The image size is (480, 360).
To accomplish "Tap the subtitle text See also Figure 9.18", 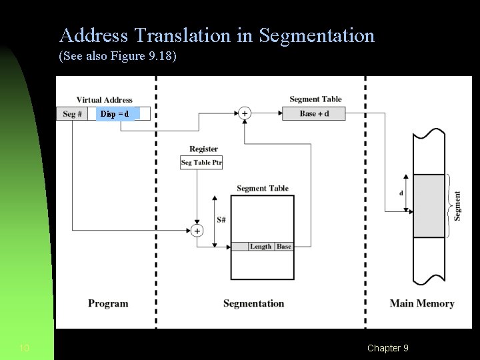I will click(118, 56).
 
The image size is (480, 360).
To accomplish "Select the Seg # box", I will click(72, 114).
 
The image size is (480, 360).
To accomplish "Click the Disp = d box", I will click(115, 114).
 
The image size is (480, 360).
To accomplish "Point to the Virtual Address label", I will click(104, 100).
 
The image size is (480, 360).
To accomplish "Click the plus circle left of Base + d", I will click(245, 113).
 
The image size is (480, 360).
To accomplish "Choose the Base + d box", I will click(314, 113).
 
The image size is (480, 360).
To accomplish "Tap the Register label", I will click(203, 149).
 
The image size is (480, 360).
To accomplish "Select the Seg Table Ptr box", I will click(201, 163).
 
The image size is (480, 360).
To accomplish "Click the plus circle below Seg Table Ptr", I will click(197, 231).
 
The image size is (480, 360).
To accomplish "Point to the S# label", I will click(221, 220).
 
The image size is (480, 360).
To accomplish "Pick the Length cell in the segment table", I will click(261, 247).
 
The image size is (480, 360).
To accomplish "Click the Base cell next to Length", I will click(284, 247).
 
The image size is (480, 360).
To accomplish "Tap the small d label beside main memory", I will click(401, 193).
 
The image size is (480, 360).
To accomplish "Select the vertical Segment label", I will click(457, 205).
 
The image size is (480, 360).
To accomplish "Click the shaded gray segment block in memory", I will click(429, 205).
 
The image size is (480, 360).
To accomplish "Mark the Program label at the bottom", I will click(108, 303).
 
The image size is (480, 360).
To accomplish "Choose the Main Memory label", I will click(421, 303).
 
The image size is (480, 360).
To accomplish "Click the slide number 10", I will click(25, 348).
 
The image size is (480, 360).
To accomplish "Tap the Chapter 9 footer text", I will click(387, 348).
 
